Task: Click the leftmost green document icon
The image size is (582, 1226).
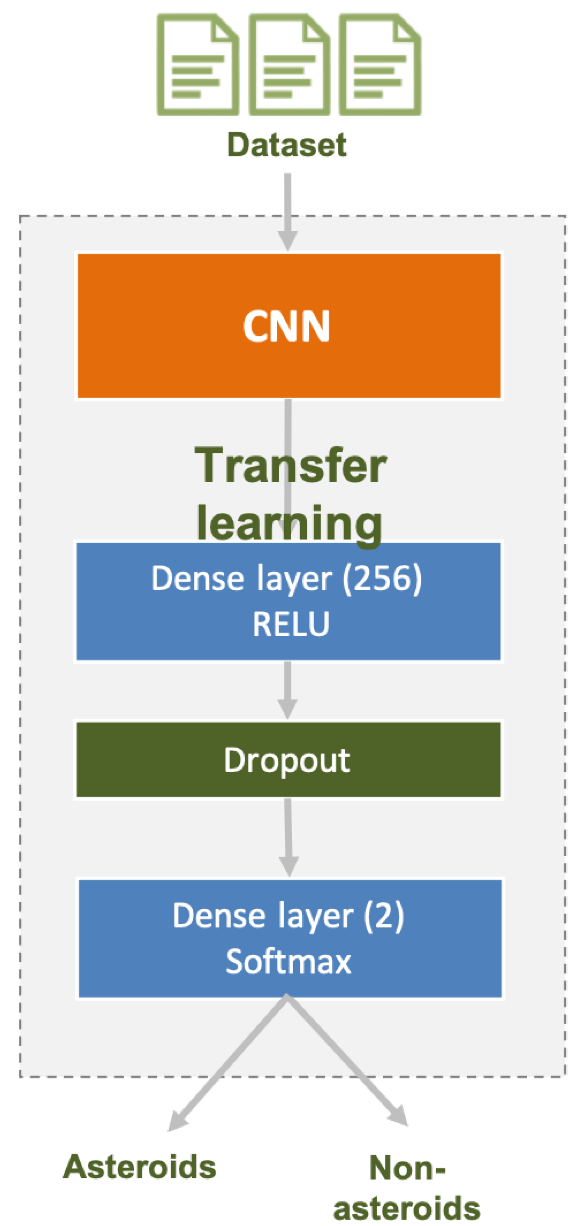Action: coord(198,65)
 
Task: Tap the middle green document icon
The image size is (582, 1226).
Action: coord(289,65)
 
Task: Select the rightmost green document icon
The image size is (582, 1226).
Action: coord(380,65)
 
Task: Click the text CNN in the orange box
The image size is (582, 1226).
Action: coord(286,326)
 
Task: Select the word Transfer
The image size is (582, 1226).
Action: coord(290,466)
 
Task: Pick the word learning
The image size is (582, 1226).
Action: coord(289,524)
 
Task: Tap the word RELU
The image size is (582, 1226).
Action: coord(290,624)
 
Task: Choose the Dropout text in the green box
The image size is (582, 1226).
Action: coord(287,760)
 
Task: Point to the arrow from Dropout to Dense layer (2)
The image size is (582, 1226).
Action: coord(288,838)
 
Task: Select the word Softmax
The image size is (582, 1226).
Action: coord(288,961)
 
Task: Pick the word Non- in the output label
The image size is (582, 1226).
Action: coord(407,1168)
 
